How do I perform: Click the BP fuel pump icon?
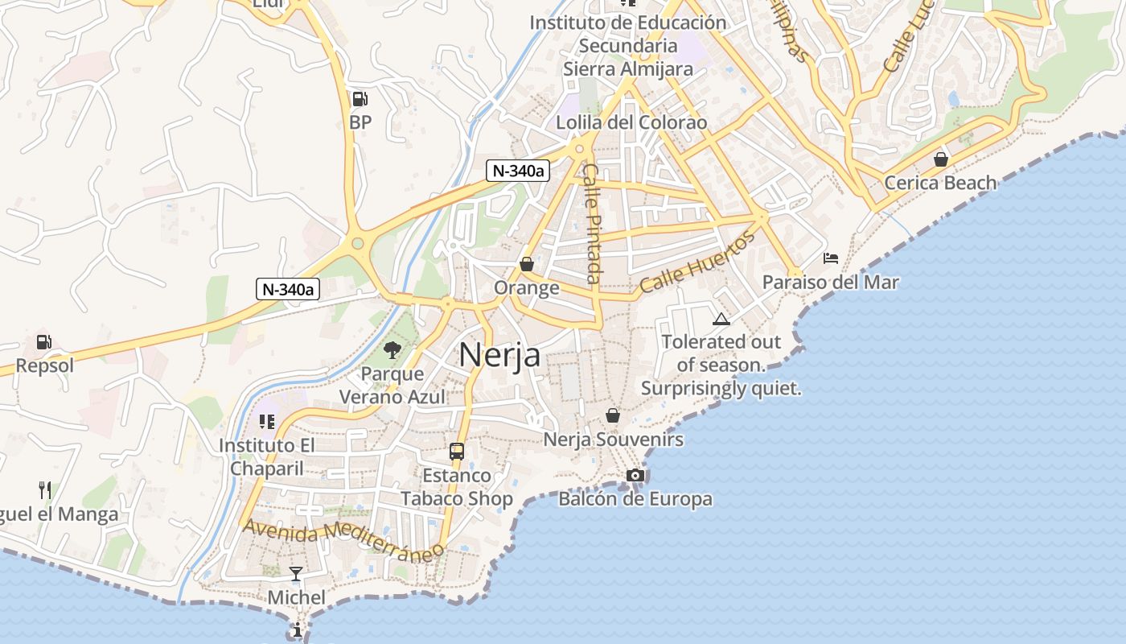(360, 99)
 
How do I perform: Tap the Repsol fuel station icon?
(45, 342)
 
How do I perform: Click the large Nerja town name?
(499, 355)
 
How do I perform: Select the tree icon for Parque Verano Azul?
(392, 349)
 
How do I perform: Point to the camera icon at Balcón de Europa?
(635, 475)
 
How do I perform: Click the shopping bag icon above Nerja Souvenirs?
(613, 415)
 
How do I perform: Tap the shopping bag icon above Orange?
(527, 264)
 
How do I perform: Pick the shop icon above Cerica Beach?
(940, 159)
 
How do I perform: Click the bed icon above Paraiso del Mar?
(831, 258)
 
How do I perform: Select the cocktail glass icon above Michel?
(296, 574)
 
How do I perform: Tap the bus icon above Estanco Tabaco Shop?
(457, 451)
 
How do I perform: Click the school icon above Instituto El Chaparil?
(267, 422)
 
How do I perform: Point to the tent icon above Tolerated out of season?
(721, 319)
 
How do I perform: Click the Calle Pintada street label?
(593, 223)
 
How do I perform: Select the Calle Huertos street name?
(698, 262)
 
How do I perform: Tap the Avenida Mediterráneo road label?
(343, 539)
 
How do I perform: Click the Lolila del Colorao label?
(631, 122)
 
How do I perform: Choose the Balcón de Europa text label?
(635, 499)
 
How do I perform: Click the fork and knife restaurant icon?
(45, 489)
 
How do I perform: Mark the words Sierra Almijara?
(627, 68)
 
